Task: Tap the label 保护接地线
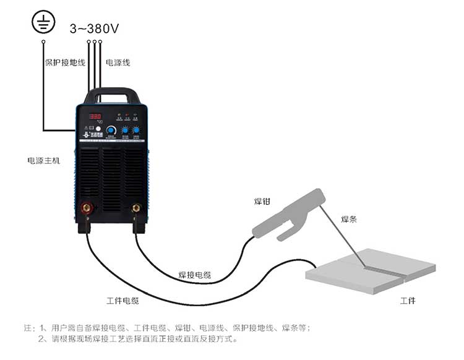tap(65, 62)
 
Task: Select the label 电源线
tap(118, 62)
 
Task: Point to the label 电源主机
tap(43, 161)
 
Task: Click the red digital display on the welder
tap(95, 116)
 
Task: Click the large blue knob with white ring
tap(111, 131)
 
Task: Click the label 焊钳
tap(262, 202)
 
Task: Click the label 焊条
tap(350, 220)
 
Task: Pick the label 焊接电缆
tap(194, 275)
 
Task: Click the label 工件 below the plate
tap(408, 301)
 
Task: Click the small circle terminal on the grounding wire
tap(43, 42)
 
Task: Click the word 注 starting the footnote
tap(27, 327)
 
